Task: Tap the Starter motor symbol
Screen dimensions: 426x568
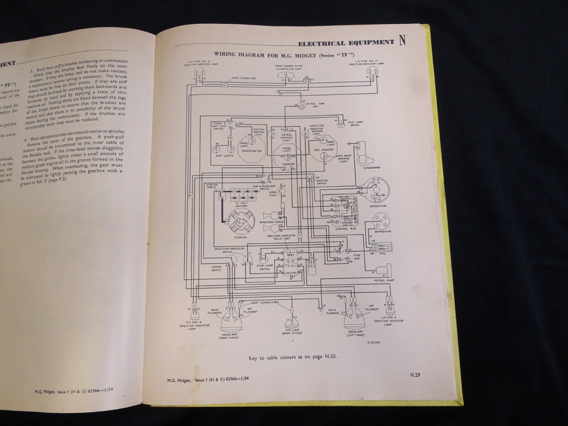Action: [x=238, y=222]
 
